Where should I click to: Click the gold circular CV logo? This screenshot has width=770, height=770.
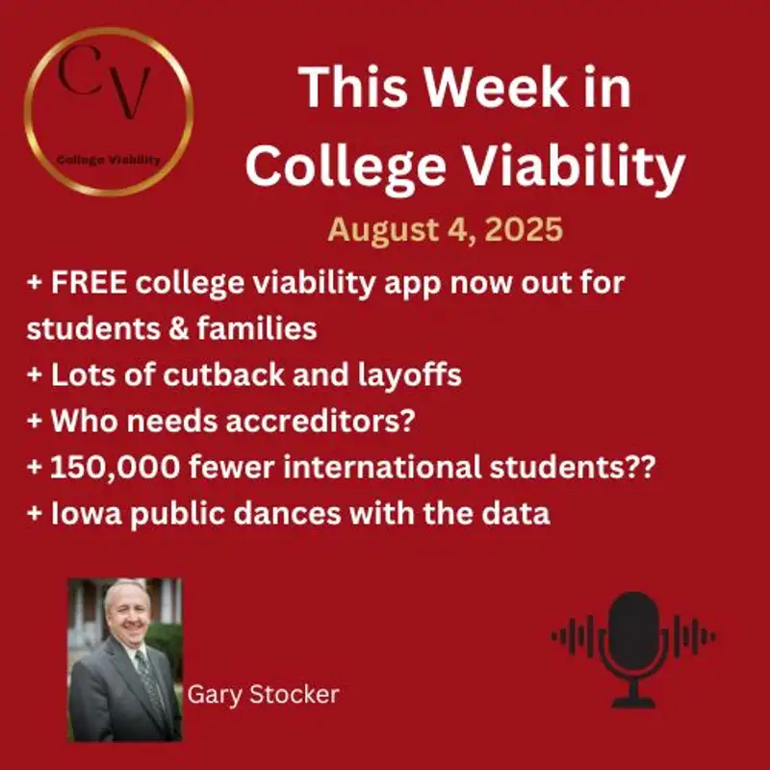tap(109, 112)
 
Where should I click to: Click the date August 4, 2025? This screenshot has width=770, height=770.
tap(444, 231)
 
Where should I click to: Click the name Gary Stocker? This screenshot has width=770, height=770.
tap(263, 694)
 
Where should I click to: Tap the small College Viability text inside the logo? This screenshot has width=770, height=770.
tap(108, 159)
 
